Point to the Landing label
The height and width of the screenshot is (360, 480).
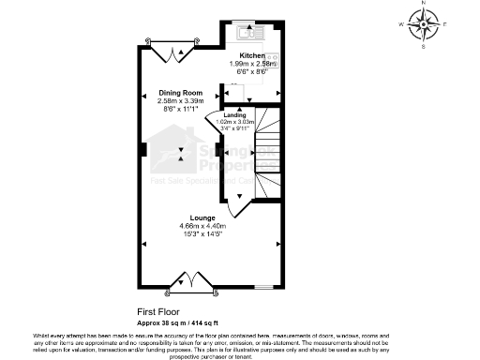click(234, 114)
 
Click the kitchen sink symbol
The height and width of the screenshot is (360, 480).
click(247, 33)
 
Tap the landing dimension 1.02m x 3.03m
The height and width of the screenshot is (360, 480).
click(234, 121)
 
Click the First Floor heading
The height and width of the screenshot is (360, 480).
click(159, 311)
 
